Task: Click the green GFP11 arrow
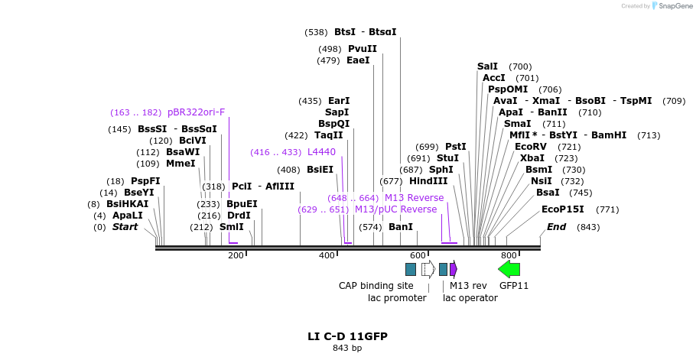[x=509, y=268]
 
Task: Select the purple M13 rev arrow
[x=454, y=268]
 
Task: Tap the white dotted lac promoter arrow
[x=428, y=268]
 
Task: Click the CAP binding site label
[x=376, y=286]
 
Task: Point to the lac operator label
[x=470, y=298]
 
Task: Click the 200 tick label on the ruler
[x=236, y=255]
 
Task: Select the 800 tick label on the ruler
[x=509, y=255]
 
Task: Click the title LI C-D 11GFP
[x=347, y=336]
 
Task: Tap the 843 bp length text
[x=347, y=349]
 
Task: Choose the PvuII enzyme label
[x=362, y=49]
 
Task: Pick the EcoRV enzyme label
[x=531, y=147]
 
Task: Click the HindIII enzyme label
[x=428, y=181]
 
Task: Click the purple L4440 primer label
[x=321, y=152]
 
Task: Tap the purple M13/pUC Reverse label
[x=395, y=209]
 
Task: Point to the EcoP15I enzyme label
[x=562, y=209]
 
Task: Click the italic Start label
[x=125, y=227]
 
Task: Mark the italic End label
[x=556, y=227]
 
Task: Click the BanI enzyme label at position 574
[x=400, y=227]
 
